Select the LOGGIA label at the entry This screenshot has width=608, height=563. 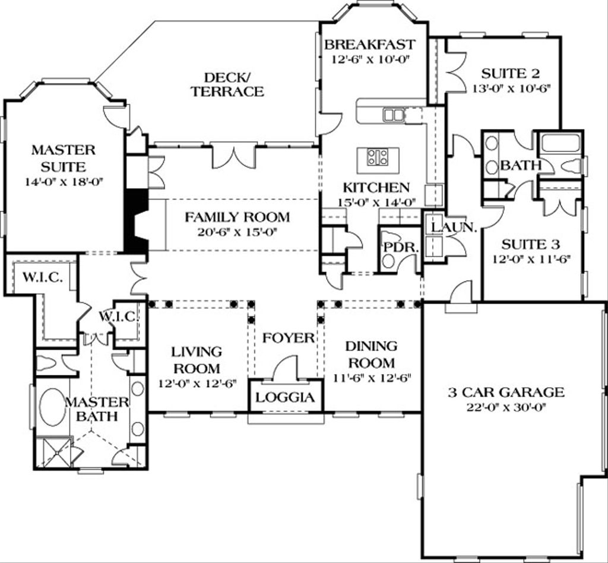(x=286, y=397)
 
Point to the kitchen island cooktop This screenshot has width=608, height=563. (x=378, y=157)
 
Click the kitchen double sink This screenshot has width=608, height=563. (x=393, y=115)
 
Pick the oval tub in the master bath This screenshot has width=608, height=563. (x=52, y=407)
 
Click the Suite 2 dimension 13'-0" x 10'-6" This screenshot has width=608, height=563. (x=511, y=88)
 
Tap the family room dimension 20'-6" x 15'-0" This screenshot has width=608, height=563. (x=237, y=232)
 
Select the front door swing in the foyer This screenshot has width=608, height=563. (x=286, y=366)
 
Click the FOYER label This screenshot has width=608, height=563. (x=289, y=338)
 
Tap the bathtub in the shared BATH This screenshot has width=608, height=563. (x=560, y=143)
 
